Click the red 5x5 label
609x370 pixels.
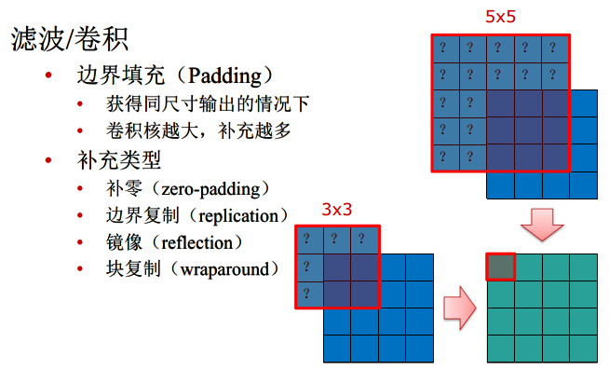click(x=500, y=17)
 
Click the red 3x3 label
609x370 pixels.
click(x=337, y=210)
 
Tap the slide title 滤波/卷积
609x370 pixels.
click(x=70, y=39)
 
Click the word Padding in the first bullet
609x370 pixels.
click(x=224, y=75)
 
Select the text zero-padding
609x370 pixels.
click(x=210, y=189)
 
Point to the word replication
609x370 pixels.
click(x=238, y=216)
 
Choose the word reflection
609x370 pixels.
click(x=196, y=243)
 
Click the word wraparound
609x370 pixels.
click(x=224, y=269)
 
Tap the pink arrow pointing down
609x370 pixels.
click(x=542, y=225)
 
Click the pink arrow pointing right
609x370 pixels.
click(x=460, y=308)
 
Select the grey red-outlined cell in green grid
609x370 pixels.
click(x=501, y=267)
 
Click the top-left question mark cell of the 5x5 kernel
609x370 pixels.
click(x=446, y=48)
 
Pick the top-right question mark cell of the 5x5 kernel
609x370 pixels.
click(x=555, y=48)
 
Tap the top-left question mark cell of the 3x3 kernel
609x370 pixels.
click(x=309, y=240)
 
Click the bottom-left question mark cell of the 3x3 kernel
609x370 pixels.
click(x=309, y=295)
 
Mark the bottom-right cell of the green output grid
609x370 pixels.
click(x=583, y=349)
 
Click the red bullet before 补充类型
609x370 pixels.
click(x=48, y=159)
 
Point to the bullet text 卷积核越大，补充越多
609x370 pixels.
click(x=198, y=130)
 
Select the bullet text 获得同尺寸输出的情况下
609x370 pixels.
click(x=208, y=103)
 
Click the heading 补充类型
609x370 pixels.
click(x=119, y=159)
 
